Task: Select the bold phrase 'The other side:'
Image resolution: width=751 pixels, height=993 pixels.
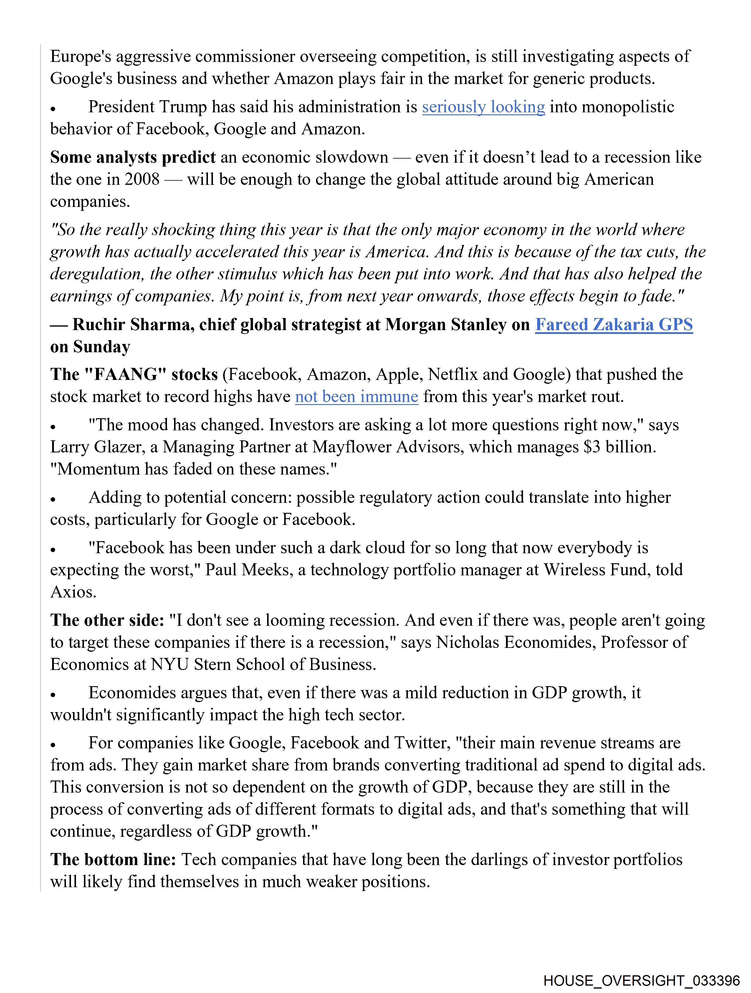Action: click(x=107, y=620)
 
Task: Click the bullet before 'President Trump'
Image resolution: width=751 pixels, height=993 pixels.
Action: click(x=53, y=109)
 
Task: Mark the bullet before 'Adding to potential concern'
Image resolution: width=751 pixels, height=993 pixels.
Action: click(x=53, y=499)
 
